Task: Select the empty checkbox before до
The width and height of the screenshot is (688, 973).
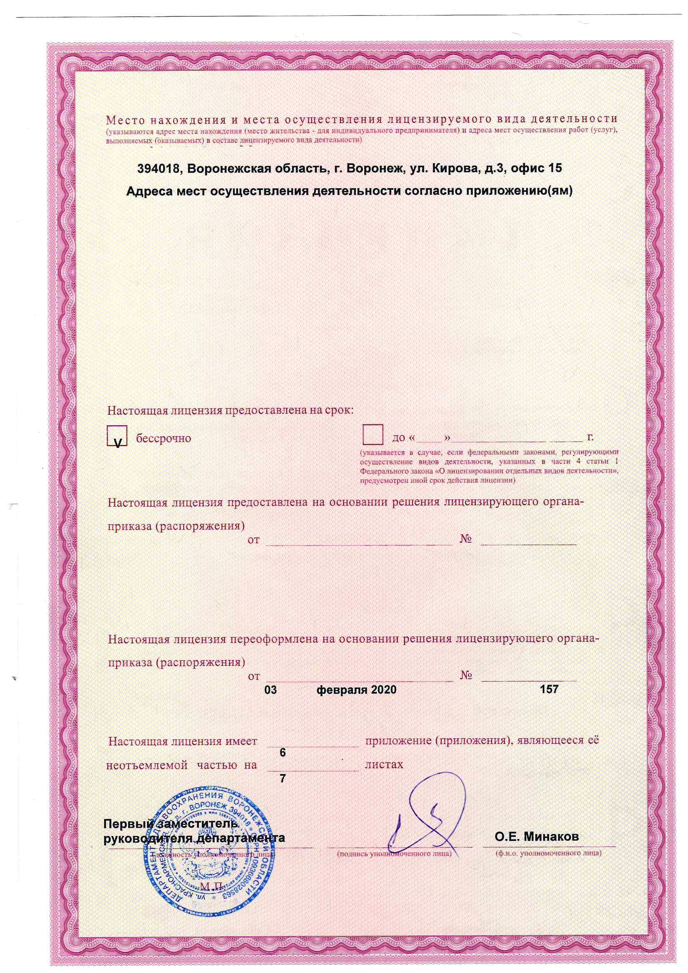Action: coord(373,435)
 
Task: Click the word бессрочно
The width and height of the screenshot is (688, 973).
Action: coord(164,438)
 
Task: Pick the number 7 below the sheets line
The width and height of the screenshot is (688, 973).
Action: coord(283,779)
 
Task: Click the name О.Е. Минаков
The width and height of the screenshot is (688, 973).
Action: coord(536,837)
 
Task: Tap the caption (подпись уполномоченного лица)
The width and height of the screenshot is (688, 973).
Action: coord(394,854)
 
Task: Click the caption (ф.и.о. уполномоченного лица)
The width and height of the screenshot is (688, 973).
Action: coord(548,853)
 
